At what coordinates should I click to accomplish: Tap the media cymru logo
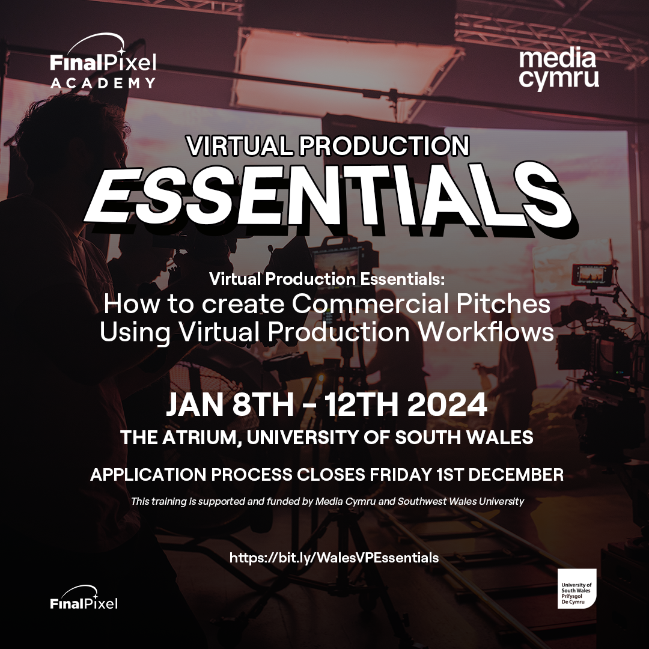pos(558,69)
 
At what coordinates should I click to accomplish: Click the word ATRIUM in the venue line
pos(200,437)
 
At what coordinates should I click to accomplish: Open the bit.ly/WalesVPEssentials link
pos(334,558)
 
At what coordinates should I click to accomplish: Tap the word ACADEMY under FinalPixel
pos(103,82)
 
